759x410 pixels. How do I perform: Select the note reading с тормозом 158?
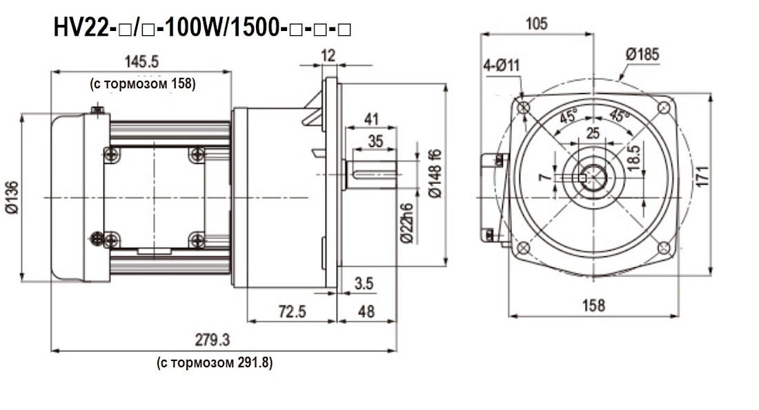pos(143,84)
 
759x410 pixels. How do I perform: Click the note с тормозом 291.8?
pos(215,362)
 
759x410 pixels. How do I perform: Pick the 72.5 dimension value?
pos(292,311)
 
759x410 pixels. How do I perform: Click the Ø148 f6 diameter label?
pos(434,174)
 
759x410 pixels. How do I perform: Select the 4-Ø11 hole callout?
pos(502,65)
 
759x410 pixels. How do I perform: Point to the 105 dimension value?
pos(536,24)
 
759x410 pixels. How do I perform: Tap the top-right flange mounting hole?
pos(664,107)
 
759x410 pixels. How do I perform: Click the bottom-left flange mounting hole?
pos(524,247)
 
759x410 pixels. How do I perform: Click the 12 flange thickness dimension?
pos(328,56)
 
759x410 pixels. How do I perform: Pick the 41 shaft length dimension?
pos(371,119)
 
